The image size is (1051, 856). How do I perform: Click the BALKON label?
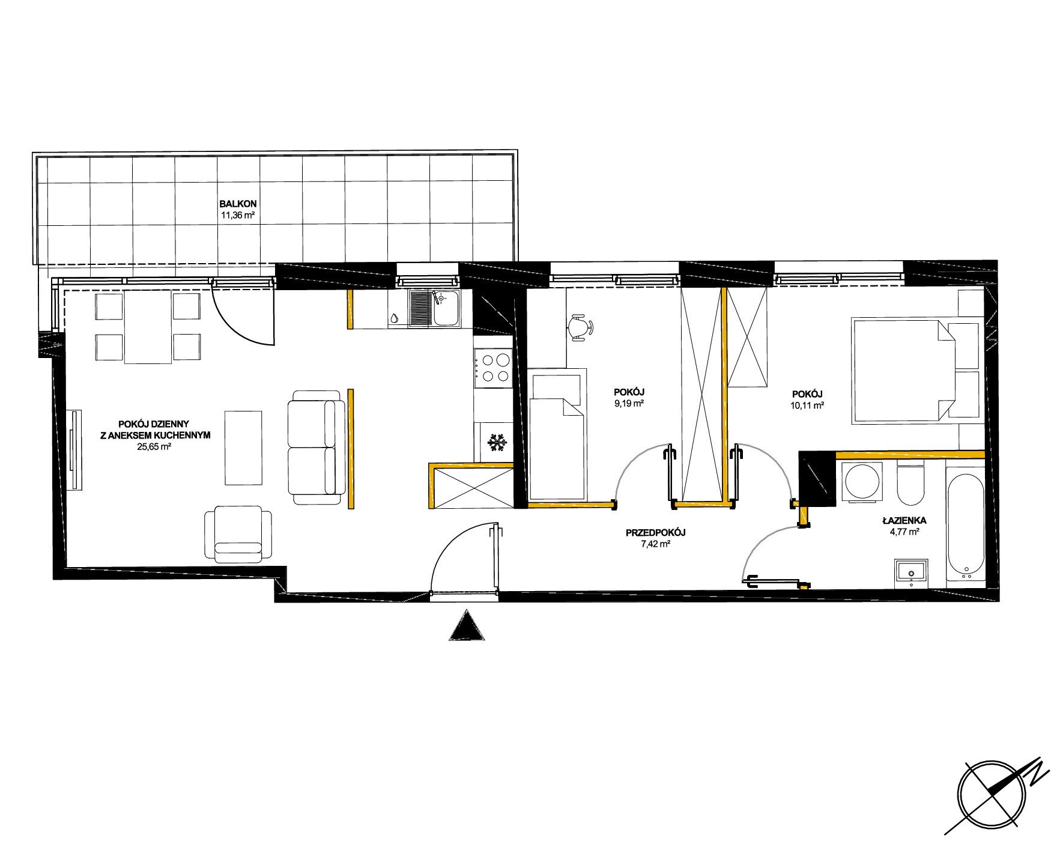[238, 204]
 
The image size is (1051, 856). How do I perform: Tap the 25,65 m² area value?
[154, 446]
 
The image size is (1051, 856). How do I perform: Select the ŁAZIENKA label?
[904, 520]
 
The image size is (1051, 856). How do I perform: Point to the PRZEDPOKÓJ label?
[655, 532]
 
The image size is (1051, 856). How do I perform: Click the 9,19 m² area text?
[629, 404]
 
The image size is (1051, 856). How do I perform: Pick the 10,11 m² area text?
[807, 405]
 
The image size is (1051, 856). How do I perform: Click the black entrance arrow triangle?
[467, 625]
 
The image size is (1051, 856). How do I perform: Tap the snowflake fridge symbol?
[497, 443]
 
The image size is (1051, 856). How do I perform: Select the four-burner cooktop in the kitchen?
[492, 368]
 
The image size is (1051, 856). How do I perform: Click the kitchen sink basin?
[446, 308]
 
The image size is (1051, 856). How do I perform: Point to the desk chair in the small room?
[580, 327]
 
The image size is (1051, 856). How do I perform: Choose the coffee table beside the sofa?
[243, 448]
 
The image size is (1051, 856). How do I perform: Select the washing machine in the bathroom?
[862, 481]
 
